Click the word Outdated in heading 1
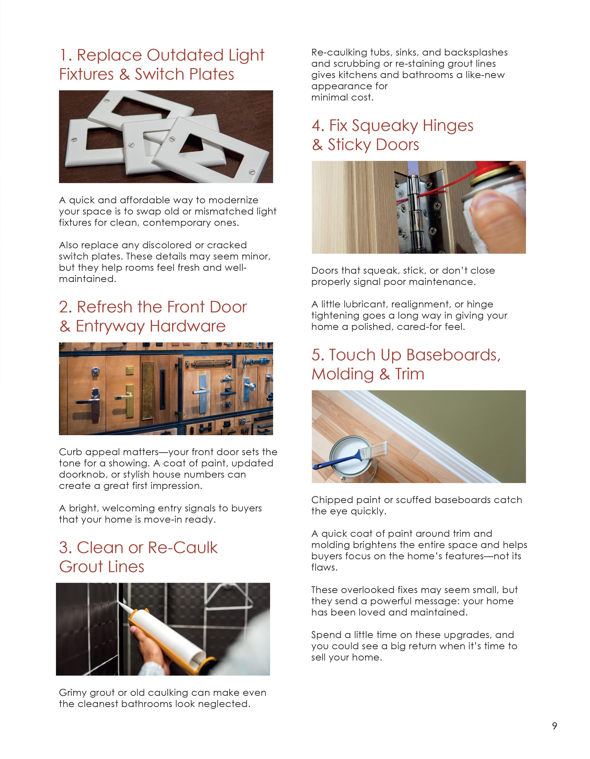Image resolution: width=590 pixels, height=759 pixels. (x=185, y=55)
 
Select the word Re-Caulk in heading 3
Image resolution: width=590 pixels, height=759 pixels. (x=182, y=548)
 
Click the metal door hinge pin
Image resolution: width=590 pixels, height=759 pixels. (x=413, y=208)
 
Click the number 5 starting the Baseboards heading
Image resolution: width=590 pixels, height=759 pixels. (x=317, y=355)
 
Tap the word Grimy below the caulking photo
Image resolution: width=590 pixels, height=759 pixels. (x=73, y=693)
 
